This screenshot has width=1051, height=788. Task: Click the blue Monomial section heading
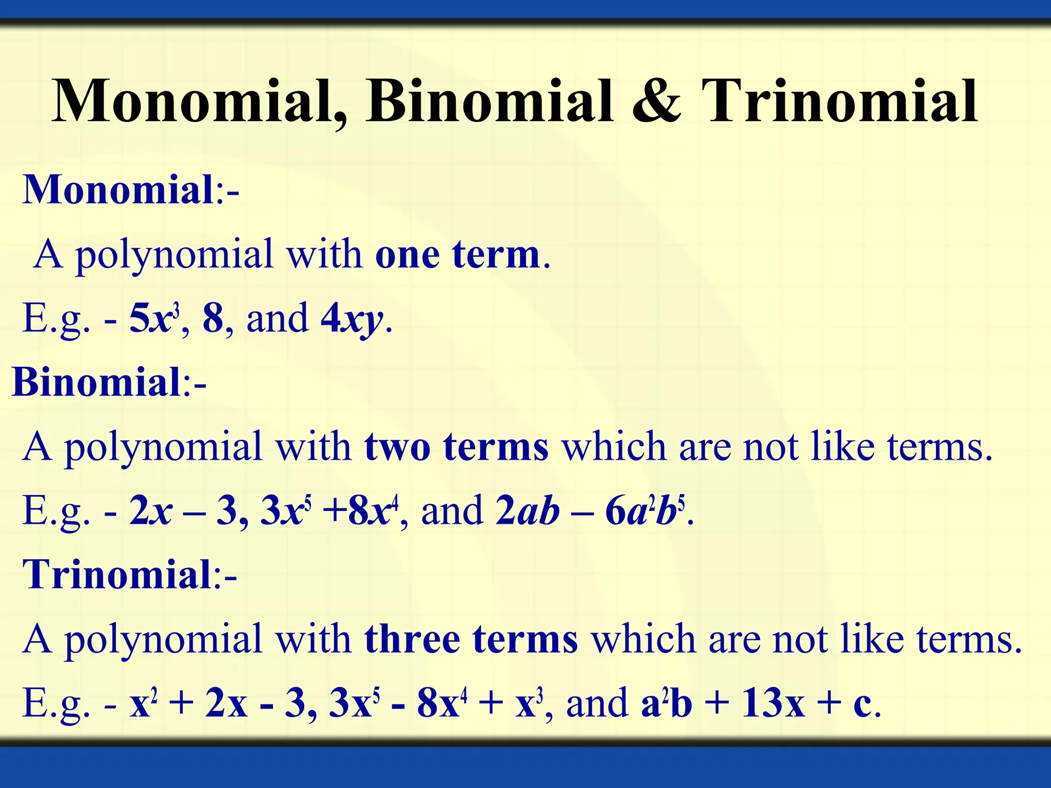click(118, 190)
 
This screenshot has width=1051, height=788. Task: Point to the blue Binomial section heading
click(96, 383)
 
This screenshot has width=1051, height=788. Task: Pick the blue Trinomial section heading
click(117, 575)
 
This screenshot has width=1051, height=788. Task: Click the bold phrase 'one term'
click(457, 254)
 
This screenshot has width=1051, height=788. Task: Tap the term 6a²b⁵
click(645, 511)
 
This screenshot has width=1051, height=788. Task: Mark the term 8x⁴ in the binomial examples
click(373, 511)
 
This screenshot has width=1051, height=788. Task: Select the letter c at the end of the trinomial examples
click(863, 704)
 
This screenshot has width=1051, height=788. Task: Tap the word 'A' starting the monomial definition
click(49, 254)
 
